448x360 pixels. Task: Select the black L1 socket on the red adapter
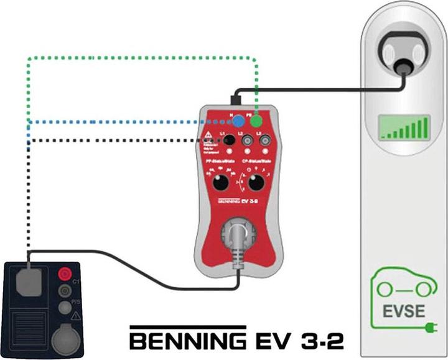tap(230, 141)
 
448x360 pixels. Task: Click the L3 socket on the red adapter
tap(264, 142)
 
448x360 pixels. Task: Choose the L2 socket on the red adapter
tap(247, 142)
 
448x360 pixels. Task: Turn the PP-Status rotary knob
tap(220, 183)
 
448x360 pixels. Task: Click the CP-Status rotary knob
tap(255, 183)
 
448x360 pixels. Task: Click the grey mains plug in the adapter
tap(238, 240)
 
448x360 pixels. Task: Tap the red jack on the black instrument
tap(64, 274)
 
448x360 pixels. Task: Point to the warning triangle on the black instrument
tap(76, 316)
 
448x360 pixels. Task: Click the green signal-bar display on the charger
tap(405, 128)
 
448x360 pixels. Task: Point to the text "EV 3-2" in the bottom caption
tap(298, 341)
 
